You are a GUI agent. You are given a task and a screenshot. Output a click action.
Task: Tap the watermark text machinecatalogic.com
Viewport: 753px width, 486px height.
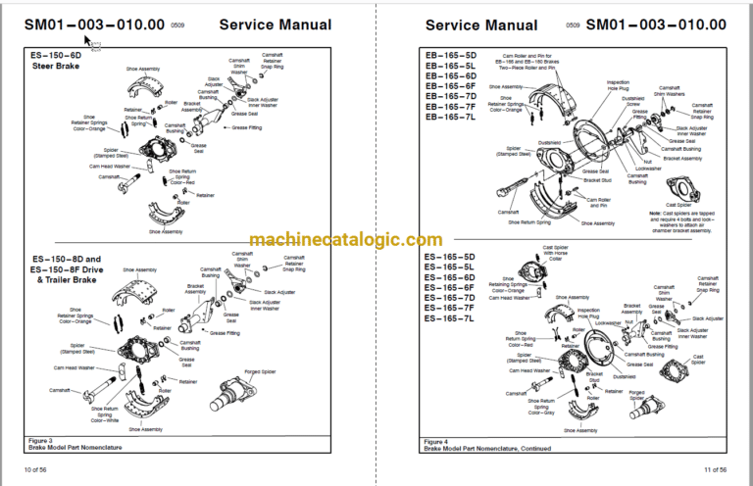(x=345, y=239)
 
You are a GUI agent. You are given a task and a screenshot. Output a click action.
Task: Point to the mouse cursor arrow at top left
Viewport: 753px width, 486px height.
(x=88, y=41)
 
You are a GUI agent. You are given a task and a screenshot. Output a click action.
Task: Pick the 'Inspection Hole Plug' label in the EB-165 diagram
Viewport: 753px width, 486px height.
(x=619, y=85)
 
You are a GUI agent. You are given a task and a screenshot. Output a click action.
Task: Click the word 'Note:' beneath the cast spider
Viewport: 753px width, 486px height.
(x=654, y=212)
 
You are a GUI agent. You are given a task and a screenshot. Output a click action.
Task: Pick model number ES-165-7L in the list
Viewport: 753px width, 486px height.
(x=449, y=318)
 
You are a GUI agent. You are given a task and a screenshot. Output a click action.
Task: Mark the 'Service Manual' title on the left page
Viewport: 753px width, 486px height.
(x=262, y=24)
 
